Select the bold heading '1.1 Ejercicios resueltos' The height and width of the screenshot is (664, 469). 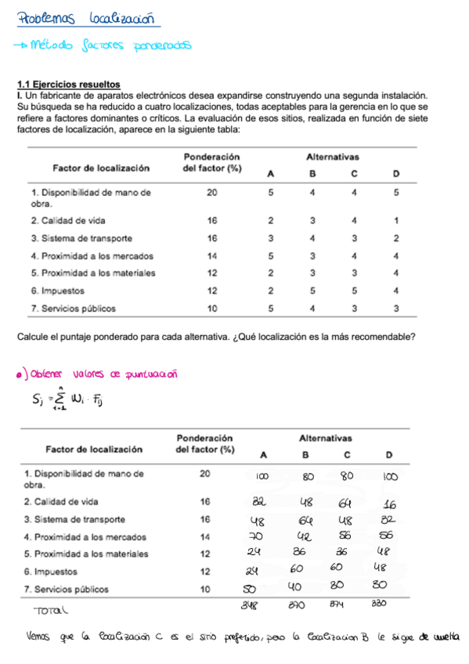pyautogui.click(x=69, y=84)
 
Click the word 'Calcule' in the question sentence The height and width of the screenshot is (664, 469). pyautogui.click(x=34, y=337)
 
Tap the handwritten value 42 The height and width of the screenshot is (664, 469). pyautogui.click(x=303, y=536)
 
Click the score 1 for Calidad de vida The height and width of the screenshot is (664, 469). pyautogui.click(x=396, y=220)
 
